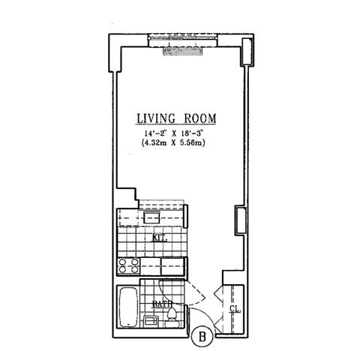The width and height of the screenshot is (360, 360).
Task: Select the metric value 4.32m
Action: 157,144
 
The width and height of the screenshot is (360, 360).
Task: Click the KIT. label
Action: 159,238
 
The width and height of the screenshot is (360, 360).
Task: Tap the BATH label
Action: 160,304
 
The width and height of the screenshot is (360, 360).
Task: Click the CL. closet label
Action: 233,308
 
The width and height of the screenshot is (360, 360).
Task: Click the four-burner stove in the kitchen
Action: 127,265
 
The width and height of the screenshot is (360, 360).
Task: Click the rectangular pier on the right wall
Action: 240,218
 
